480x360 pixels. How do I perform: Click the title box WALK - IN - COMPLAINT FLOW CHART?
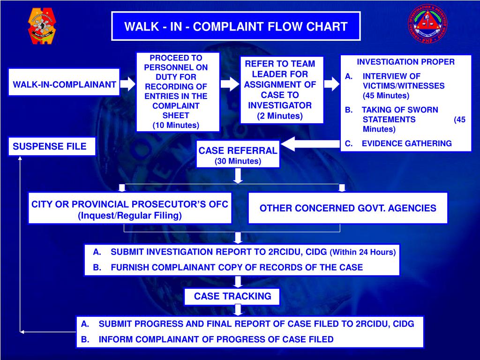[x=236, y=26]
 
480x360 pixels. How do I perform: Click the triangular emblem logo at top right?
[x=427, y=24]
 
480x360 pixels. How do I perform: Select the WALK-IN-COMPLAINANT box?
[x=64, y=85]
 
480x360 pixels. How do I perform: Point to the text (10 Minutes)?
[x=176, y=125]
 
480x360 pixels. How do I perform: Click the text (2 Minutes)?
[x=280, y=116]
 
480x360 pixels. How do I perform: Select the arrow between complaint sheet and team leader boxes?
[x=230, y=84]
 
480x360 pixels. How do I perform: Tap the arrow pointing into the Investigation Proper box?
[x=331, y=84]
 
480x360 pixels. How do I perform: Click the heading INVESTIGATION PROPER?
[x=405, y=62]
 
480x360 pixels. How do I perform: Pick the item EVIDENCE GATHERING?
[x=406, y=143]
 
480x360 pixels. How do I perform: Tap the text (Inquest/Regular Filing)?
[x=129, y=216]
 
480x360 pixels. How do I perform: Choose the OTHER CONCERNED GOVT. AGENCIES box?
[x=347, y=208]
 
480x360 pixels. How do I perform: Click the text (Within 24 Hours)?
[x=363, y=252]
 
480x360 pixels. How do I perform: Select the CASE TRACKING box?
[x=232, y=296]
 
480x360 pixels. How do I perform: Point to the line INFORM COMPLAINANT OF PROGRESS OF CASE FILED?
[x=216, y=339]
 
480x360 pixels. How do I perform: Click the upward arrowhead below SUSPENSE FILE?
[x=20, y=158]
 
